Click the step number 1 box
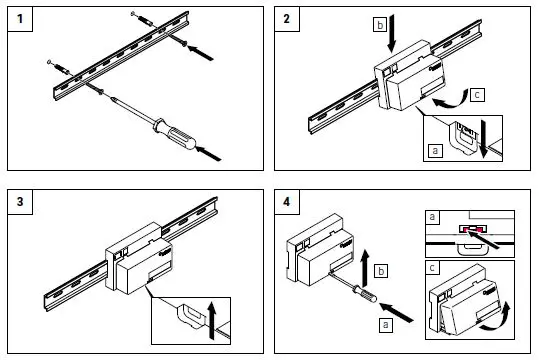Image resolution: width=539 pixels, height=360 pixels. click(x=20, y=19)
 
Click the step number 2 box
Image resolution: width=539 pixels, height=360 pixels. click(x=287, y=19)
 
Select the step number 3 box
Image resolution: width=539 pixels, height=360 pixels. click(x=20, y=201)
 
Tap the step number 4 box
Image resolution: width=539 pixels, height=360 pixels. click(x=287, y=201)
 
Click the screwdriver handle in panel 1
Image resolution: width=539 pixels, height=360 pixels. click(x=175, y=133)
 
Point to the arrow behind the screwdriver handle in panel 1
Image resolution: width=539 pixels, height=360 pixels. click(x=208, y=154)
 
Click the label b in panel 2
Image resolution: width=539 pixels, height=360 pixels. click(x=380, y=25)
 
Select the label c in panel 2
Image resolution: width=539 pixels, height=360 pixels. click(x=477, y=95)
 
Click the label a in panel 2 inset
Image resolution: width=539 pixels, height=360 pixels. click(x=436, y=151)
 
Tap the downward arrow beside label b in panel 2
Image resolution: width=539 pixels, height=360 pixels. click(x=392, y=33)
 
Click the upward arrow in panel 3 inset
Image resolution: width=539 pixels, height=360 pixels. click(x=212, y=320)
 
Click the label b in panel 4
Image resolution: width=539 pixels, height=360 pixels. click(x=381, y=271)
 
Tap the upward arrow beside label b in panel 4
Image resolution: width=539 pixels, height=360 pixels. click(x=365, y=269)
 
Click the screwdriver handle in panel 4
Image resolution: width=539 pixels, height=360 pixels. click(x=366, y=295)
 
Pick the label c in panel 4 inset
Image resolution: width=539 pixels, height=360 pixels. click(x=432, y=268)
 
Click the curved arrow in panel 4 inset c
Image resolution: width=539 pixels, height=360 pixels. click(x=497, y=318)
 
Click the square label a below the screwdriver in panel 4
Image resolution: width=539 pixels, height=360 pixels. click(x=386, y=325)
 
